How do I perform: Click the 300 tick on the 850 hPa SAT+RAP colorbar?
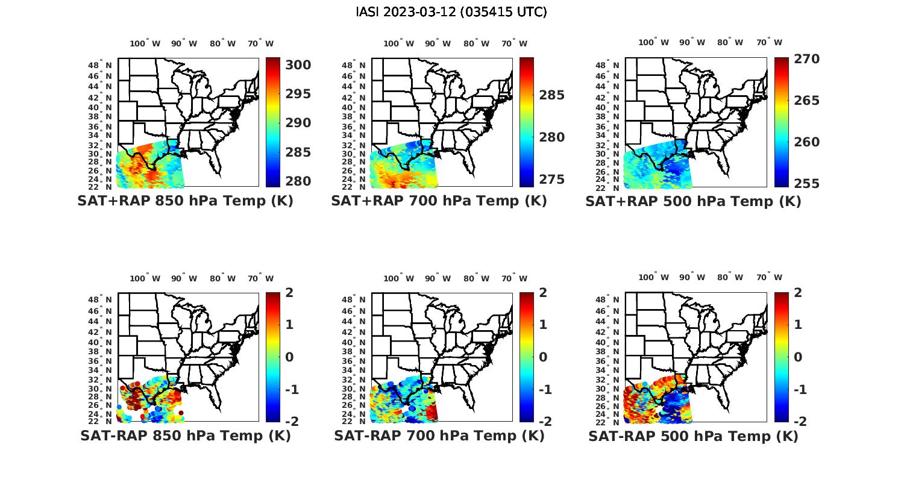coord(298,65)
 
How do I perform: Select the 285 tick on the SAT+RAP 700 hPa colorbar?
coord(551,95)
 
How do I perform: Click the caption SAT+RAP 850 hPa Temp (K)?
coord(185,201)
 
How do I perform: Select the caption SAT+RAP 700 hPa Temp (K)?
coord(439,201)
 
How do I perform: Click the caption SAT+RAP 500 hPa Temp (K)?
coord(693,202)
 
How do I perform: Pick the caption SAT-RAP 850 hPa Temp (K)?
coord(185,436)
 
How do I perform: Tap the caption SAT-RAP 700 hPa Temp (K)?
coord(439,436)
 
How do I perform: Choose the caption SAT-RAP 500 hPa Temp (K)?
coord(693,436)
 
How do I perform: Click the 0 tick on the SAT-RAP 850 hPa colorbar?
coord(289,357)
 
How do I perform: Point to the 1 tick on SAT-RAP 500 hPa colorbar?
coord(797,325)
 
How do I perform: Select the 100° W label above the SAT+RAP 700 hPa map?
coord(398,43)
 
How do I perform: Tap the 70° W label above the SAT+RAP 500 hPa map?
coord(770,42)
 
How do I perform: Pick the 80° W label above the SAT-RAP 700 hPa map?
coord(476,278)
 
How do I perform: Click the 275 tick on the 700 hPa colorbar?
coord(551,180)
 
